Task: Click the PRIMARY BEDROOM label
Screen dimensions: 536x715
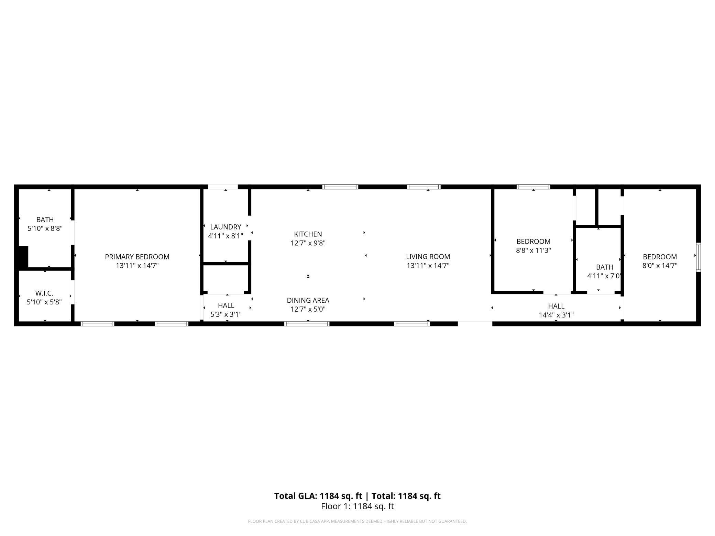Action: point(137,257)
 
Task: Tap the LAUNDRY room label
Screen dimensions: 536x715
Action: point(225,227)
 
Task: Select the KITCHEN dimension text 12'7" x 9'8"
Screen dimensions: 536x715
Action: point(308,243)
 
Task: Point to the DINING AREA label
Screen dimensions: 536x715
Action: point(308,300)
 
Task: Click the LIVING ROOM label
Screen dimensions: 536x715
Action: point(428,257)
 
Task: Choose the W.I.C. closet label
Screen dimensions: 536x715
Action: point(44,293)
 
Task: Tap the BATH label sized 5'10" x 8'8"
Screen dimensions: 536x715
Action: point(45,219)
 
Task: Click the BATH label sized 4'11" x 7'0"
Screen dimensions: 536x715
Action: point(604,267)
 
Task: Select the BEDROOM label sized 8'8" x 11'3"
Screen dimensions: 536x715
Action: point(533,241)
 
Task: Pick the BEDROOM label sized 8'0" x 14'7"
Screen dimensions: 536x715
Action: point(660,257)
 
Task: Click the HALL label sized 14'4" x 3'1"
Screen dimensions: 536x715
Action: point(556,306)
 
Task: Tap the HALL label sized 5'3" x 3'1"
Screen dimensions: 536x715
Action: point(226,305)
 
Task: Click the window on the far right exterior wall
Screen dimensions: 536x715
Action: point(698,257)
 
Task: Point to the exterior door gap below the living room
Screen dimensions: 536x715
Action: point(475,323)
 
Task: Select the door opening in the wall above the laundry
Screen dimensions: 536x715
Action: point(223,187)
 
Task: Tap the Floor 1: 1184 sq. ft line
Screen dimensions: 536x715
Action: point(357,506)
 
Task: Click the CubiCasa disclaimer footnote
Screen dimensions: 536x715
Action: point(357,521)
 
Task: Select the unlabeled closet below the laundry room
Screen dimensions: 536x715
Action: point(225,278)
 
